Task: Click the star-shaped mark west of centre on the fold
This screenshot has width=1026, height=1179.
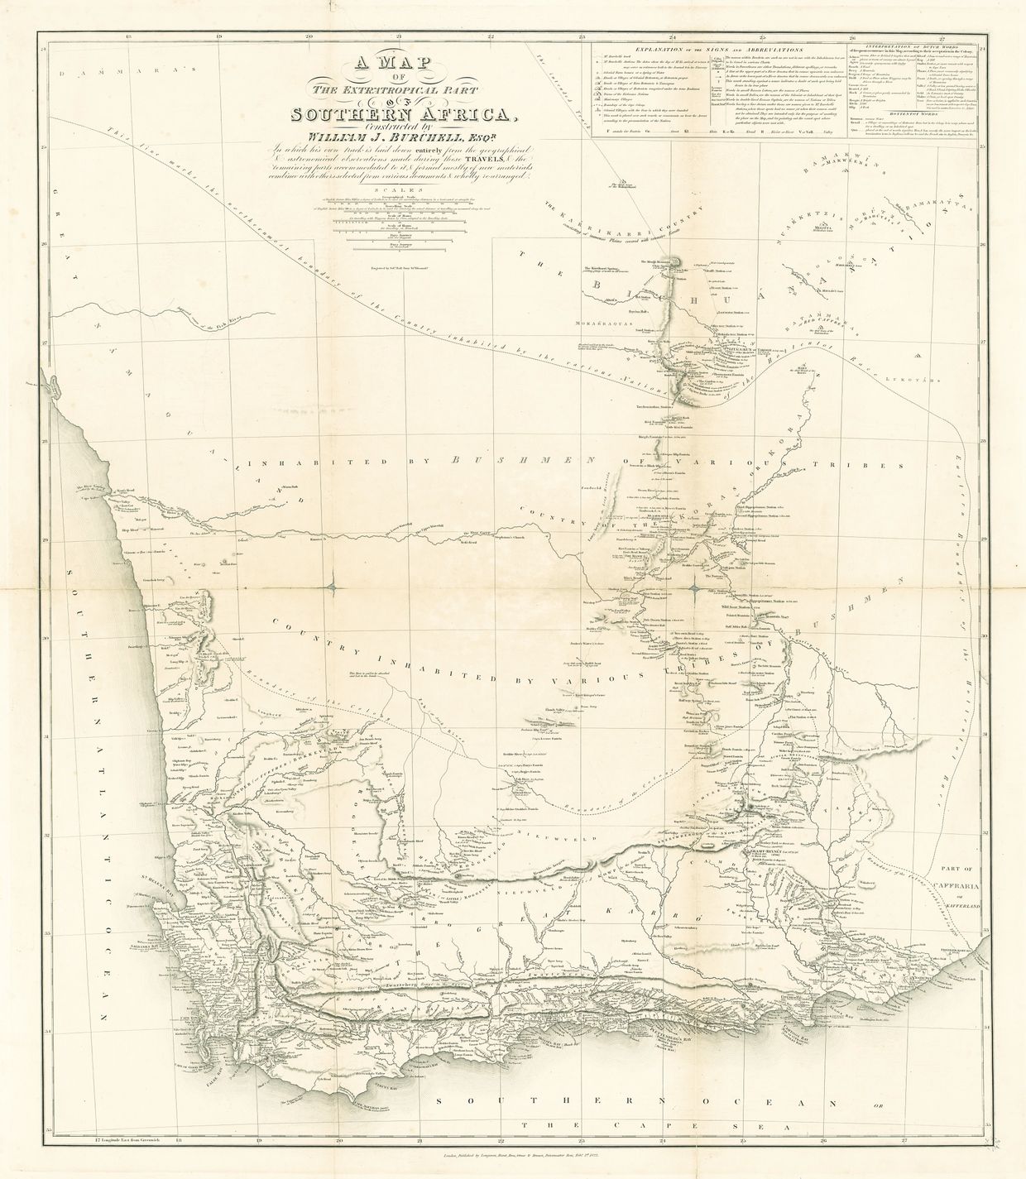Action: [331, 588]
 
